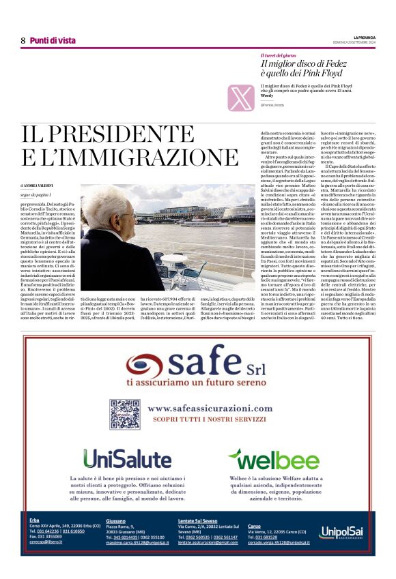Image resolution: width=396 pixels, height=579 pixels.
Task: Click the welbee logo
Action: click(x=273, y=459)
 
